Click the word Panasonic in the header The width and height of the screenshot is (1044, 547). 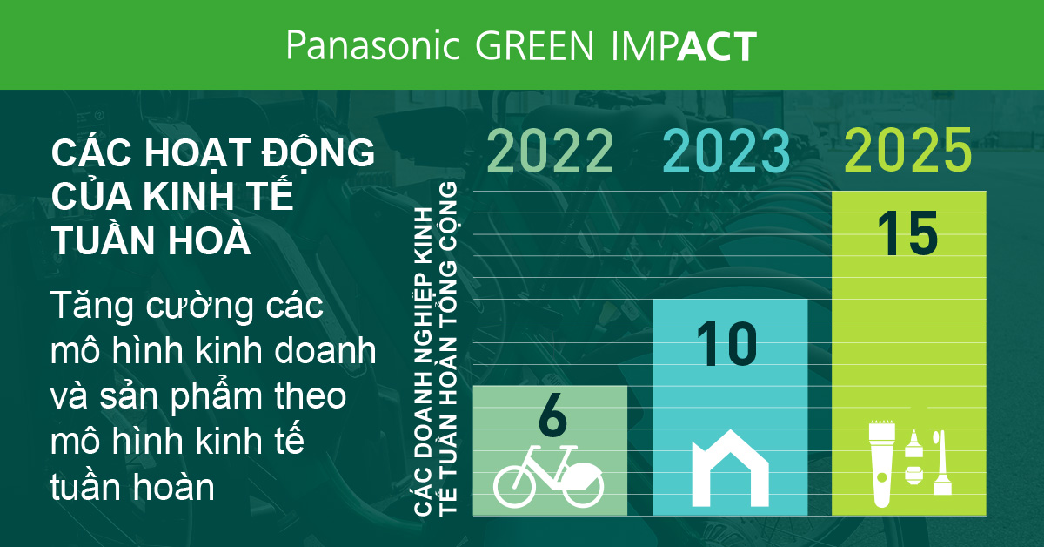click(x=373, y=45)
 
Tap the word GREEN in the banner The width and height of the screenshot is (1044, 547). click(x=534, y=46)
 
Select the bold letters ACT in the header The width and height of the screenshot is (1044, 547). click(x=717, y=46)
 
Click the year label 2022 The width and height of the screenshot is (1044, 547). click(x=550, y=151)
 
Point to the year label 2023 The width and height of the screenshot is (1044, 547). click(x=726, y=151)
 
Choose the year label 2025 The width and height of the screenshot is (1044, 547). click(x=908, y=149)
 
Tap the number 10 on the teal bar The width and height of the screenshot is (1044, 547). click(x=727, y=344)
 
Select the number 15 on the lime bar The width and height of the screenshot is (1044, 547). click(x=907, y=233)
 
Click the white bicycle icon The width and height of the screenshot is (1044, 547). click(x=549, y=476)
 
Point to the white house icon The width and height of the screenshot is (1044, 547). click(x=730, y=468)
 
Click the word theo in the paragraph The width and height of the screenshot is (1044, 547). click(x=311, y=395)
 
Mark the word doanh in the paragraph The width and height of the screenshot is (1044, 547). click(x=325, y=350)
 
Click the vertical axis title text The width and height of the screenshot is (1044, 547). click(x=435, y=348)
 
